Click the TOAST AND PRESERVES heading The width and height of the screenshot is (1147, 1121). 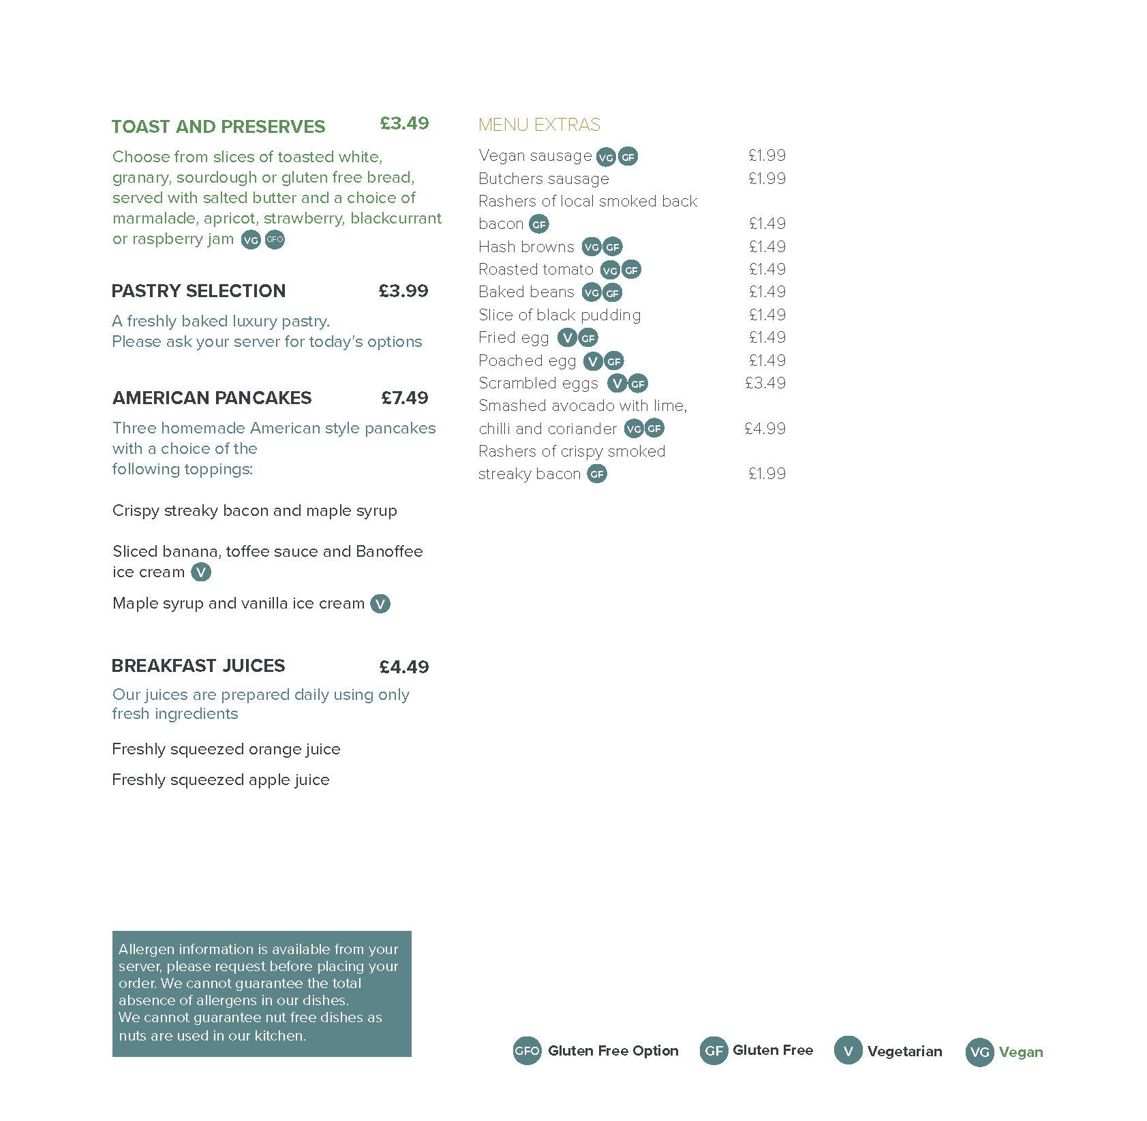click(218, 127)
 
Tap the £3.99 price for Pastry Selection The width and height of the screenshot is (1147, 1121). click(403, 291)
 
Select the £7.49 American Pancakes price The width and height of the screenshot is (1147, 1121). click(404, 398)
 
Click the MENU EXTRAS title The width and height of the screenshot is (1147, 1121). click(538, 125)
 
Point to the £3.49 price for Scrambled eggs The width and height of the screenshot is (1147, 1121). click(765, 383)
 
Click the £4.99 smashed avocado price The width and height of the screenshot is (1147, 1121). click(765, 429)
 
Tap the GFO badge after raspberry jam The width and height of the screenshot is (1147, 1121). click(275, 240)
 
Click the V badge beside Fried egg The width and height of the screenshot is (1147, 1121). click(567, 337)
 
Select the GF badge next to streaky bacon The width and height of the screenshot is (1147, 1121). click(597, 474)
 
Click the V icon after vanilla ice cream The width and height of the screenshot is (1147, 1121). click(380, 604)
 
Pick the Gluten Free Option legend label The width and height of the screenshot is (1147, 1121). click(613, 1051)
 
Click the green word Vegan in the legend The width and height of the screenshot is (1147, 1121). click(1020, 1052)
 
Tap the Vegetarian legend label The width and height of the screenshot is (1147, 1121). click(904, 1051)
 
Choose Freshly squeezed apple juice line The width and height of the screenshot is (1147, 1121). click(220, 780)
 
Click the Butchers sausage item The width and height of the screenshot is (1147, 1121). click(543, 179)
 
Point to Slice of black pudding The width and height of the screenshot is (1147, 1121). click(559, 315)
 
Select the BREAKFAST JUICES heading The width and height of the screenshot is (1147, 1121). click(198, 666)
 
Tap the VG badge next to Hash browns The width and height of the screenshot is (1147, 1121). click(591, 247)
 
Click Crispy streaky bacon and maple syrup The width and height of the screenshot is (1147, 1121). click(254, 510)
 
